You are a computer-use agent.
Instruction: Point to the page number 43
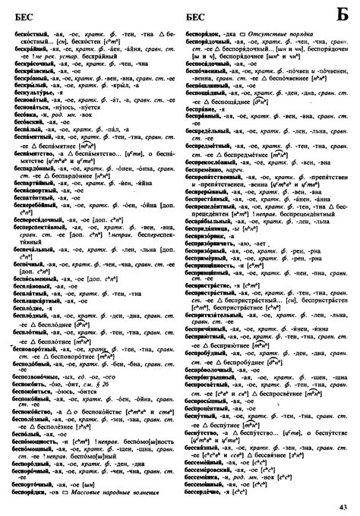tap(343, 507)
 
